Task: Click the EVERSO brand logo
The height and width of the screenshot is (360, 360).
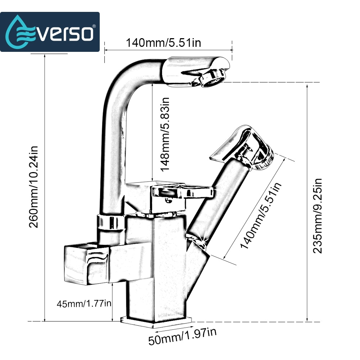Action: point(50,32)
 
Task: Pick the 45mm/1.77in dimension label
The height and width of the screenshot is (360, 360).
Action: point(84,303)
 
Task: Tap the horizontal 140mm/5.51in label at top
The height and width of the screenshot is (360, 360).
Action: point(163,43)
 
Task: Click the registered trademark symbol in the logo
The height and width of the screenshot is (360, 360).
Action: point(94,26)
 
